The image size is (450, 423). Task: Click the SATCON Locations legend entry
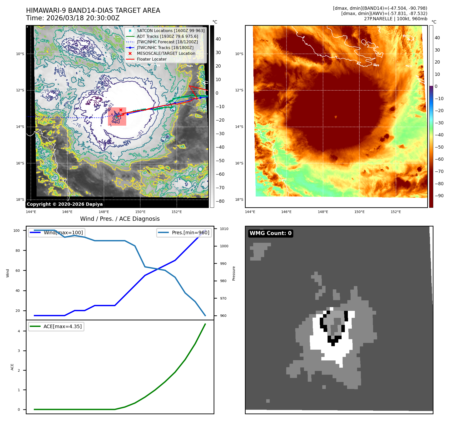[x=170, y=31]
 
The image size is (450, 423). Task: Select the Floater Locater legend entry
[x=152, y=59]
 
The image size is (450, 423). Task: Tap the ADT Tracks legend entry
[x=167, y=36]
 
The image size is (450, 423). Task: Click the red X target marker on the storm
[x=121, y=110]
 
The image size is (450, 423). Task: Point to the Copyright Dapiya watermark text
[x=65, y=204]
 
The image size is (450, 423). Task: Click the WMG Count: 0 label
[x=270, y=233]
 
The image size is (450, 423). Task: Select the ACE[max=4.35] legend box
[x=56, y=326]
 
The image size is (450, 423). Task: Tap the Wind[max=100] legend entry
[x=56, y=233]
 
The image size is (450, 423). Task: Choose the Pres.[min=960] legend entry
[x=184, y=233]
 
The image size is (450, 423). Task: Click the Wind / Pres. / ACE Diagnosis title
[x=120, y=219]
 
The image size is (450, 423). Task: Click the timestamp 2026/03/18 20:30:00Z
[x=83, y=18]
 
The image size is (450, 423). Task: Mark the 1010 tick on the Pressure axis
[x=224, y=229]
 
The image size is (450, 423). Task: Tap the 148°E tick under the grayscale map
[x=104, y=212]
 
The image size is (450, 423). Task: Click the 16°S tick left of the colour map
[x=239, y=163]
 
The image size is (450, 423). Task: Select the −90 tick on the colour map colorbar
[x=439, y=196]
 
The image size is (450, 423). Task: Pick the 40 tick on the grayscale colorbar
[x=218, y=39]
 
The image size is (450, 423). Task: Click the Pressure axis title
[x=234, y=273]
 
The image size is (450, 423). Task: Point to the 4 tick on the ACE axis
[x=19, y=331]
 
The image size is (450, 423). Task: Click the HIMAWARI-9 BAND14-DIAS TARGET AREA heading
[x=93, y=11]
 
